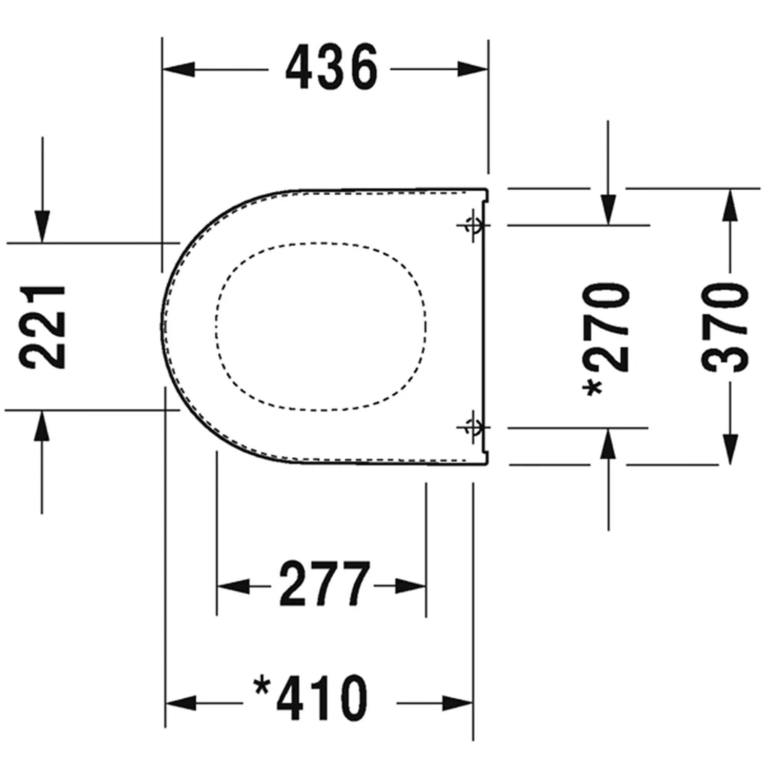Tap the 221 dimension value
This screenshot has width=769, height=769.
point(43,327)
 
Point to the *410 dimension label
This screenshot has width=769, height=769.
point(311,699)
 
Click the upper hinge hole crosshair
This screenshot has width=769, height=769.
point(473,225)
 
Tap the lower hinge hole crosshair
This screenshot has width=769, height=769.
point(473,426)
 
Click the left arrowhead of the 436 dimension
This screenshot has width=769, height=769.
point(179,69)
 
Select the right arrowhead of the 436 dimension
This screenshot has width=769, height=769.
point(471,69)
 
